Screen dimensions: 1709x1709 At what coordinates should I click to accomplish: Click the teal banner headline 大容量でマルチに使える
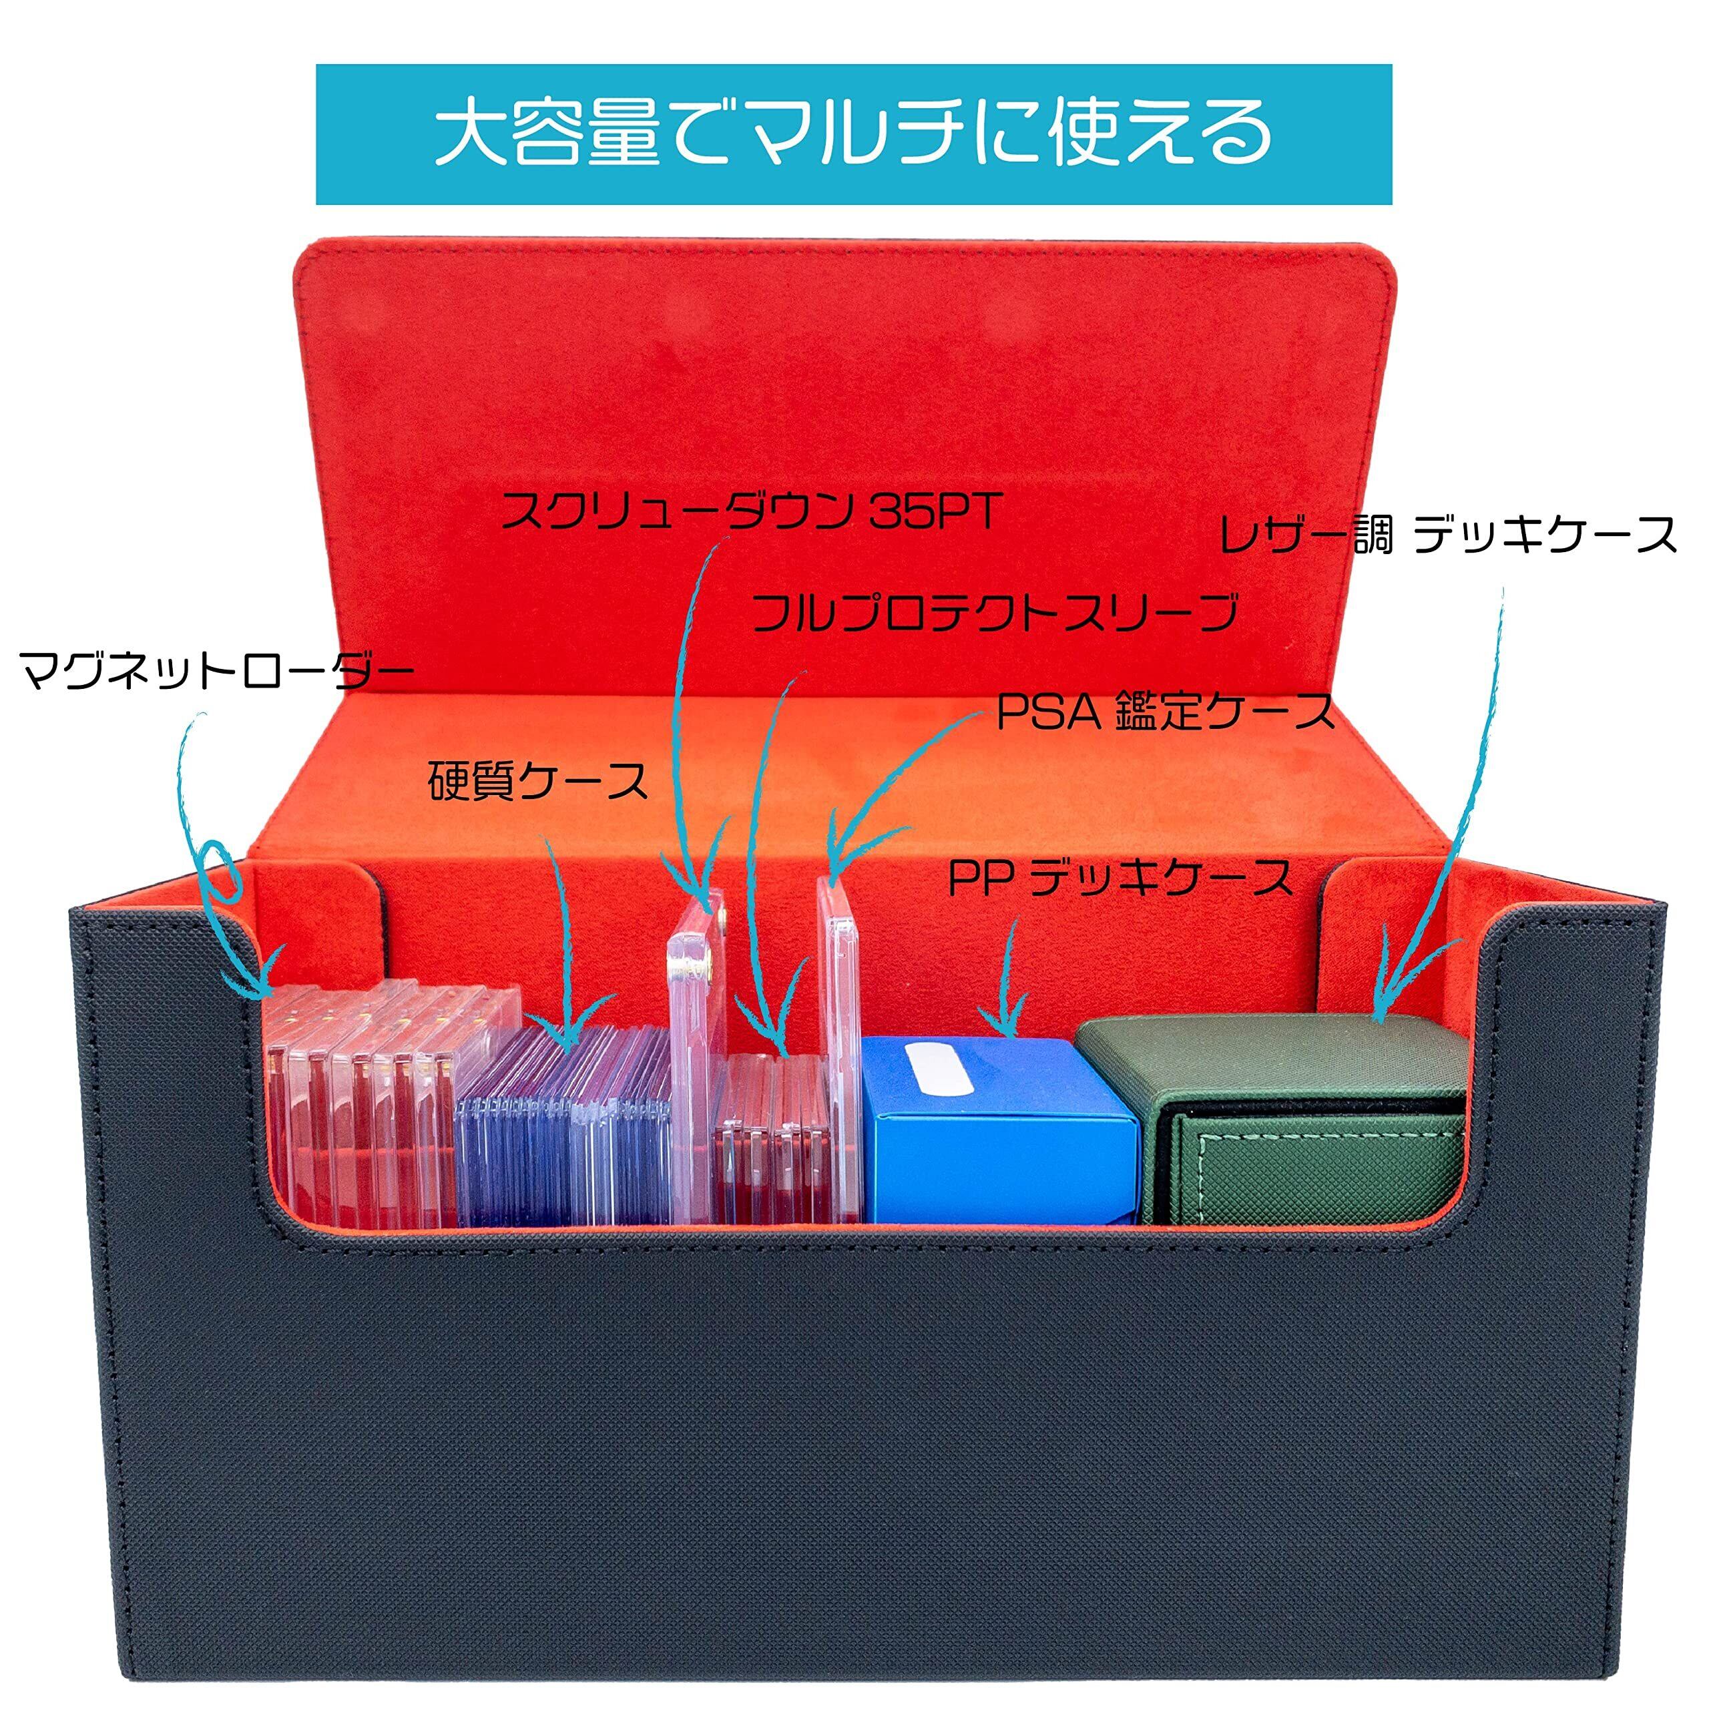(854, 134)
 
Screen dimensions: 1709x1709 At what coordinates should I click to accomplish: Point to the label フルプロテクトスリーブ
(993, 612)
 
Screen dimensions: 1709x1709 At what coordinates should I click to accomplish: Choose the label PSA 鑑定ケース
(1164, 711)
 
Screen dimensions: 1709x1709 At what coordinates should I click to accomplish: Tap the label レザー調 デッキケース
(1448, 535)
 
